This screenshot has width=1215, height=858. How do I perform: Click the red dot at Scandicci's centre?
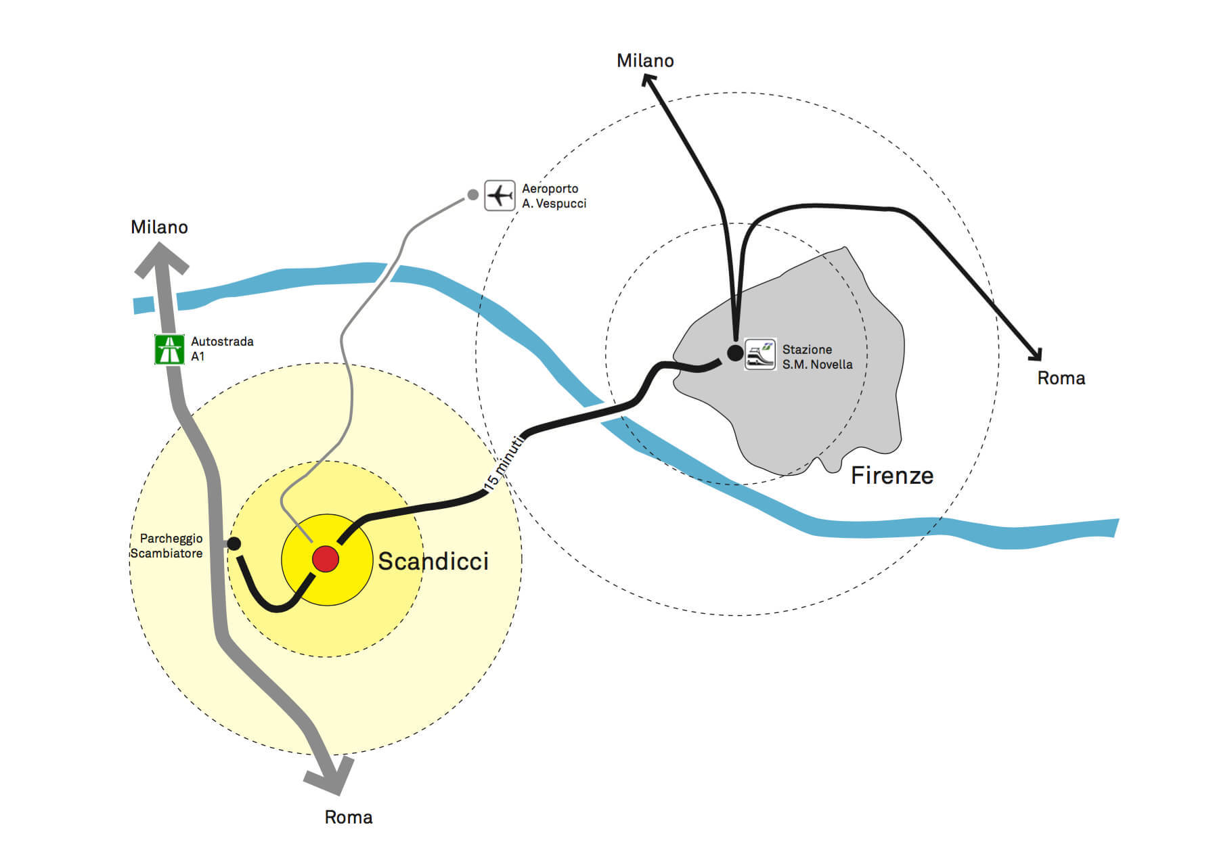(x=326, y=559)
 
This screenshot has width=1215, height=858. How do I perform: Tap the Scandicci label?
(x=433, y=561)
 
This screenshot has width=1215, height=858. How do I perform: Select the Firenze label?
(x=892, y=475)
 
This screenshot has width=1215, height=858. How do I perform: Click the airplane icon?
(x=500, y=196)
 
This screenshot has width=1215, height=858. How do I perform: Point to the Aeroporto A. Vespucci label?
(x=554, y=196)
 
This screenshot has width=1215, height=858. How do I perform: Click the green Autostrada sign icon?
(x=169, y=349)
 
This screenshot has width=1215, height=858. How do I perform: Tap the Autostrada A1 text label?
(x=222, y=349)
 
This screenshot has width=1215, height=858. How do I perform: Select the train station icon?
(x=760, y=354)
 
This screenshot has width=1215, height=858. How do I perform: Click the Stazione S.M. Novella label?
(x=817, y=357)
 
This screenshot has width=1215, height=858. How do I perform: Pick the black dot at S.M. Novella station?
(x=734, y=353)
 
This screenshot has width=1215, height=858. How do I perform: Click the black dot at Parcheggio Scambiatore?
(x=234, y=543)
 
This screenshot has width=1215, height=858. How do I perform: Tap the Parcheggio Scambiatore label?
(x=167, y=545)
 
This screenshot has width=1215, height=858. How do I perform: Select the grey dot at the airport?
(x=472, y=195)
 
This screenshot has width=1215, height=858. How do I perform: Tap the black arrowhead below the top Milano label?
(x=650, y=81)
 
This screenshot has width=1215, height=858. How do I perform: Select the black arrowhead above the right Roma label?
(x=1035, y=353)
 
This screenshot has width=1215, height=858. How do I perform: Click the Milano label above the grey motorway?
(x=159, y=227)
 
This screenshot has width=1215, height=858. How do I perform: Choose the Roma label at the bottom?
(x=349, y=817)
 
